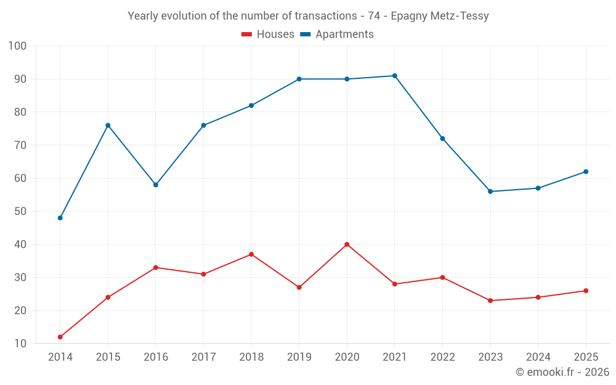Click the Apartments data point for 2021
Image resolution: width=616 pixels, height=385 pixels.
395,76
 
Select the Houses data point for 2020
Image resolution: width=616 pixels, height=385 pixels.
347,245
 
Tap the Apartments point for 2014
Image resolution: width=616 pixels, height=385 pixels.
60,218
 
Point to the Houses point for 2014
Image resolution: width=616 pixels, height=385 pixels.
60,337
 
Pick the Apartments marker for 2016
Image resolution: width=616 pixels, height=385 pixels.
156,185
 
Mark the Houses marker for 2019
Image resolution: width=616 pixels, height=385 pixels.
299,288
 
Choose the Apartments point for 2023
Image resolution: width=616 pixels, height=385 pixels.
490,192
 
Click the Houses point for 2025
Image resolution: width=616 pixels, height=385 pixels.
586,291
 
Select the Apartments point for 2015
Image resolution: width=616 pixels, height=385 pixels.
108,125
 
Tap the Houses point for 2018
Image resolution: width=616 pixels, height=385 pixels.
251,254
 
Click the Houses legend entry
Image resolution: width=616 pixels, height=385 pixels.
268,34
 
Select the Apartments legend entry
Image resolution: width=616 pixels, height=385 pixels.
337,34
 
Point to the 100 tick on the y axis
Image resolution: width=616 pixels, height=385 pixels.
17,46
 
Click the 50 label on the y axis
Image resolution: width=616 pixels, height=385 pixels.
20,211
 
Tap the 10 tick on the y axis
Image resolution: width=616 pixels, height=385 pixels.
20,343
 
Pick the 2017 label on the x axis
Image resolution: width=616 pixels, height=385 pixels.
203,357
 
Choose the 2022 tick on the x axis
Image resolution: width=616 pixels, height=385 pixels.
443,357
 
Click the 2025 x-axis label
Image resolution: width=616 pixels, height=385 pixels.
586,357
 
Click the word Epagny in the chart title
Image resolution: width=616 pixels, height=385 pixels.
409,16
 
